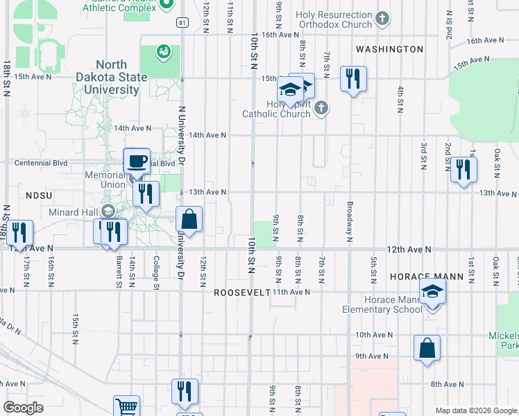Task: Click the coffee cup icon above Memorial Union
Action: (x=137, y=162)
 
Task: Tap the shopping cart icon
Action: (x=126, y=406)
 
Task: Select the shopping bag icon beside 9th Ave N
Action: (x=427, y=348)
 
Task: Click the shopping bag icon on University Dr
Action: (x=189, y=220)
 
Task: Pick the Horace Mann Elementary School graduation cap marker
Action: (x=432, y=291)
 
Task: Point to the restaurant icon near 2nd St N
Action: (x=463, y=169)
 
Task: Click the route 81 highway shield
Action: (x=182, y=22)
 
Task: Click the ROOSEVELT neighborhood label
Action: (x=241, y=293)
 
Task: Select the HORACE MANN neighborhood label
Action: (x=426, y=276)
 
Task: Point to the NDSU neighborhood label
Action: (x=39, y=196)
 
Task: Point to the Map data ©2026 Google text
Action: (x=475, y=410)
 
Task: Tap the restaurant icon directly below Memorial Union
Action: (x=145, y=193)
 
